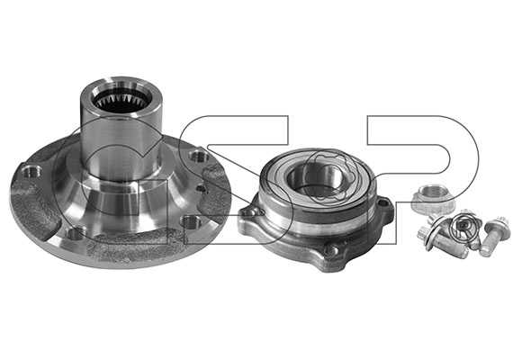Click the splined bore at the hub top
pyautogui.click(x=121, y=100)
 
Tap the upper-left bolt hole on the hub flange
pyautogui.click(x=31, y=171)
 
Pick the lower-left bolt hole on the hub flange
pyautogui.click(x=76, y=233)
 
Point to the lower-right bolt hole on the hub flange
pyautogui.click(x=190, y=222)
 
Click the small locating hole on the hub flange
pyautogui.click(x=202, y=188)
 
